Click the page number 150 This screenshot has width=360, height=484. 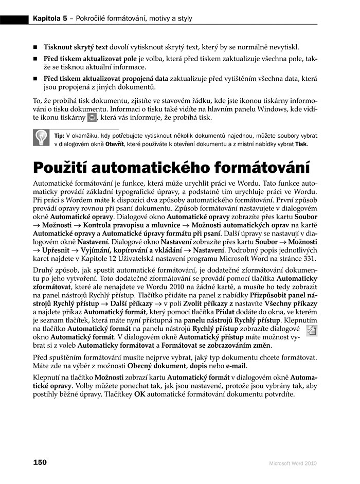[x=40, y=462]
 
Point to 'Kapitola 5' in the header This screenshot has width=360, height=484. [x=49, y=19]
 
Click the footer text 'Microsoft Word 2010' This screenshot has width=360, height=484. [x=293, y=463]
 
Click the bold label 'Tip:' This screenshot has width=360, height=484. [x=59, y=135]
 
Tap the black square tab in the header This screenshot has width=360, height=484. [x=14, y=19]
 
